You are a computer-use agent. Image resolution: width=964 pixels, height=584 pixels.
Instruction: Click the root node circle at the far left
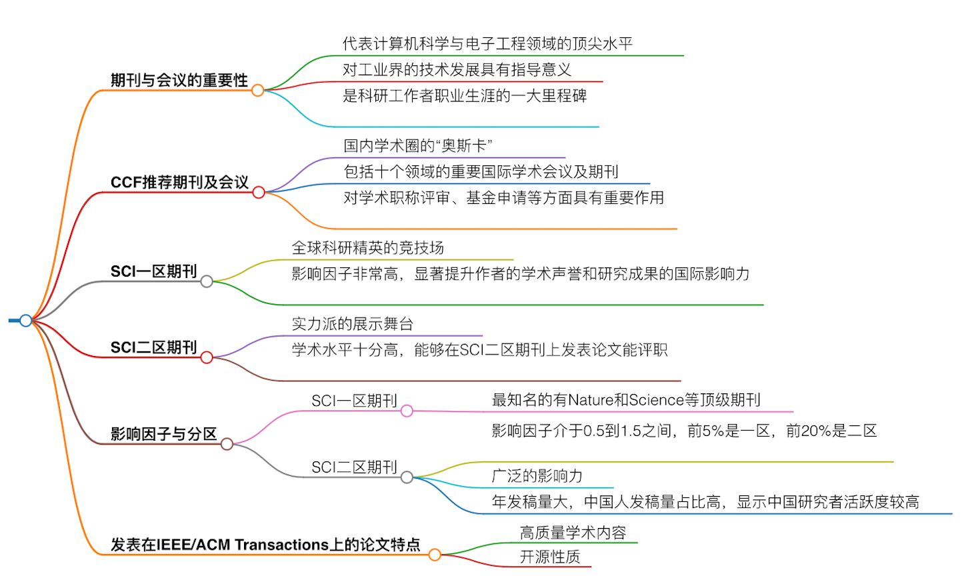tap(25, 321)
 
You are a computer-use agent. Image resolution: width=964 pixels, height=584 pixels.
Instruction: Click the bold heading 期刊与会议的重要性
tap(179, 81)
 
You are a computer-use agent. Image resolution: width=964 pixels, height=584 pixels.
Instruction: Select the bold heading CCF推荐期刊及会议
tap(179, 183)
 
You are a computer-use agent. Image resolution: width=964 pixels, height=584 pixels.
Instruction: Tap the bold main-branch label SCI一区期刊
tap(153, 271)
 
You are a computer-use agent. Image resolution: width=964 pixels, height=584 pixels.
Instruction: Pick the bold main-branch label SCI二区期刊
tap(153, 347)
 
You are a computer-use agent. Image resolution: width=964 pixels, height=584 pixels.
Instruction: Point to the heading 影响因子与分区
tap(163, 434)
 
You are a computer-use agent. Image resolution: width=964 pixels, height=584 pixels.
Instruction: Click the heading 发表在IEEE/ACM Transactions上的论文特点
tap(265, 545)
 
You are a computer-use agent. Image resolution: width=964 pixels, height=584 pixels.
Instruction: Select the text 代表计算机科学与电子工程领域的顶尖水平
tap(487, 44)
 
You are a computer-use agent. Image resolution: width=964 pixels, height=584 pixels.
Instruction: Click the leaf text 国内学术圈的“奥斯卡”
tap(418, 146)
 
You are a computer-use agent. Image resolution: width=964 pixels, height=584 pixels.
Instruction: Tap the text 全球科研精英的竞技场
tap(367, 248)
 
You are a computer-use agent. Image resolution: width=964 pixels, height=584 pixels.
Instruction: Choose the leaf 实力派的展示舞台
tap(352, 324)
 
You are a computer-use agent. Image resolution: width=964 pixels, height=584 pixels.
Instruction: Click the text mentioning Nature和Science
tap(625, 400)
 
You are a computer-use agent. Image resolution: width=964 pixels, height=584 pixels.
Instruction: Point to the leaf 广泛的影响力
tap(537, 476)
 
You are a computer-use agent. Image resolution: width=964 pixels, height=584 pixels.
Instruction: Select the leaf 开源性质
tap(549, 557)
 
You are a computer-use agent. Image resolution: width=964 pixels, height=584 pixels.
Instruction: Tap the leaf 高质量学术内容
tap(573, 533)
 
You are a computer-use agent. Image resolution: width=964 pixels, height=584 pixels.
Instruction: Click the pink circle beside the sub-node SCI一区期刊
tap(407, 411)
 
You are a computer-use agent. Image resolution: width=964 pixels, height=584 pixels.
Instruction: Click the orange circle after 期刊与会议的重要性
tap(257, 90)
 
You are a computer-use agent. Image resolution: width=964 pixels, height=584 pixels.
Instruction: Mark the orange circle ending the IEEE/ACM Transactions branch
tap(434, 555)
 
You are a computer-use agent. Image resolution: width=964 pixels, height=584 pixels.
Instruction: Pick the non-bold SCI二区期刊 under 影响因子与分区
tap(354, 467)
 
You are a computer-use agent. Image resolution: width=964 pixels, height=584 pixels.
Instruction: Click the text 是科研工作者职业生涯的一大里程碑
tap(464, 96)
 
